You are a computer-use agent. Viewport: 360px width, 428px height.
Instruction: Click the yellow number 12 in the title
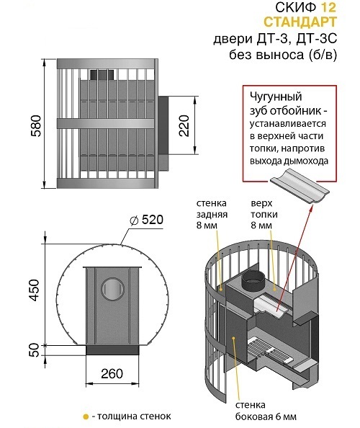click(x=328, y=7)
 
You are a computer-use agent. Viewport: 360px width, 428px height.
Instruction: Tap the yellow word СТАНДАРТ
click(x=300, y=22)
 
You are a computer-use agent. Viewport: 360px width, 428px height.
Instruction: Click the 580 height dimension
click(x=36, y=126)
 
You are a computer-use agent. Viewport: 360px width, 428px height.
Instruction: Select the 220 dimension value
click(x=184, y=126)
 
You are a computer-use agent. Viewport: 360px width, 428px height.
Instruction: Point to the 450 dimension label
click(x=35, y=290)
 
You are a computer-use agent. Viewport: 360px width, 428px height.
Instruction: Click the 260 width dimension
click(x=112, y=373)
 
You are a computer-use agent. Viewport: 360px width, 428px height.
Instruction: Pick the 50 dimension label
click(x=34, y=350)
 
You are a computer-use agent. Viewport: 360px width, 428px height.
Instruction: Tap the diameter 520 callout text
click(x=147, y=220)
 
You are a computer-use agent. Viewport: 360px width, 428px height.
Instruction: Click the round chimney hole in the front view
click(x=112, y=289)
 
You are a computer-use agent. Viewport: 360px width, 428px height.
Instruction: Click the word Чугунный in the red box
click(x=276, y=97)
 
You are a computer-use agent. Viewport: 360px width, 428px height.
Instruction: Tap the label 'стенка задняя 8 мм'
click(x=212, y=214)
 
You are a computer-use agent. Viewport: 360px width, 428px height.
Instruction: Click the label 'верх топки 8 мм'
click(x=264, y=214)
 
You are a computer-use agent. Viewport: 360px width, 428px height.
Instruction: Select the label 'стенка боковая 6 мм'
click(x=266, y=411)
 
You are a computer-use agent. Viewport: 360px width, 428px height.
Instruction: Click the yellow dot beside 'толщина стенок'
click(x=86, y=416)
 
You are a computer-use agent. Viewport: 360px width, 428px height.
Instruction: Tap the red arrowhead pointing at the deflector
click(x=312, y=208)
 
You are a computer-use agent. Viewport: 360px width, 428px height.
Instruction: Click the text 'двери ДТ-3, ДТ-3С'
click(x=275, y=39)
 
